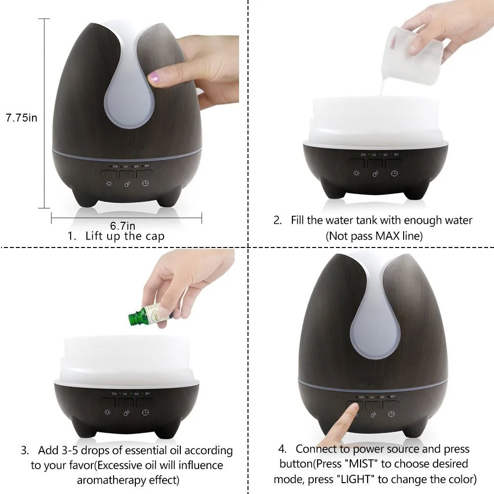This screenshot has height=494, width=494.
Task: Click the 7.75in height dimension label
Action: [x=21, y=118]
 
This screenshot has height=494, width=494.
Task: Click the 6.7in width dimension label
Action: [x=123, y=226]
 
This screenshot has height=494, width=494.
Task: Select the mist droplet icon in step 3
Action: [x=126, y=413]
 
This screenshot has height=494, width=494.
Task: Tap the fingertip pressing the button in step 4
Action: [x=352, y=408]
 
